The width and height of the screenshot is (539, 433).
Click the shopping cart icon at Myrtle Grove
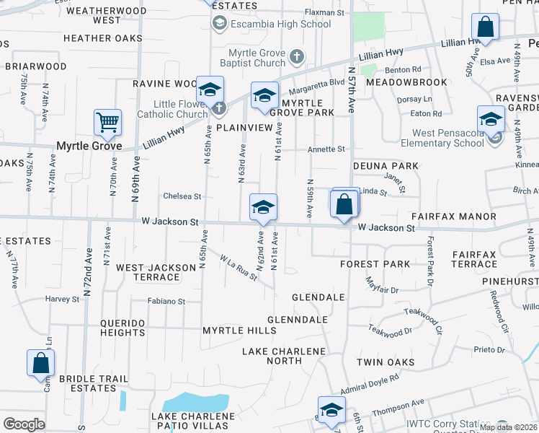tap(107, 123)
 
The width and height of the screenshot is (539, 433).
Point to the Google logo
tap(24, 424)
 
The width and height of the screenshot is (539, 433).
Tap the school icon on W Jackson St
tap(263, 208)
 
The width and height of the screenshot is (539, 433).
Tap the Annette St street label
tap(326, 149)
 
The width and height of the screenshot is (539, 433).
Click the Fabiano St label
tap(167, 302)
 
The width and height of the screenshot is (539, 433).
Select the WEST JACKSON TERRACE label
tap(156, 272)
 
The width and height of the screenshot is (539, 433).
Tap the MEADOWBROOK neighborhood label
tap(406, 82)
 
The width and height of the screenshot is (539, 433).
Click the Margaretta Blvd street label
tap(317, 84)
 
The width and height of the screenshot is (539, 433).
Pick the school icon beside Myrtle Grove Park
tap(264, 96)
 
